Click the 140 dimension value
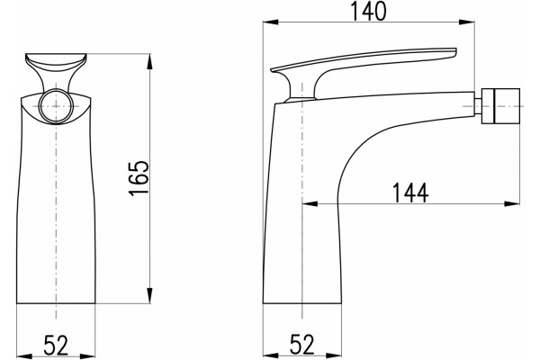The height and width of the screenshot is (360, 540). click(368, 11)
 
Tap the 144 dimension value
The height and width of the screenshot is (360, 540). click(410, 193)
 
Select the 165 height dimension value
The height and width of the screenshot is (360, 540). click(139, 178)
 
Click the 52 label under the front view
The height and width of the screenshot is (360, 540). click(56, 346)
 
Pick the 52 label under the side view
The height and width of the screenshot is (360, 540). click(302, 345)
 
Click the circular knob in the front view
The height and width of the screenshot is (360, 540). click(56, 106)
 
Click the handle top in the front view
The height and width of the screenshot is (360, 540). click(56, 62)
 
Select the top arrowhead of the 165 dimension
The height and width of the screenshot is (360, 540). click(149, 62)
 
